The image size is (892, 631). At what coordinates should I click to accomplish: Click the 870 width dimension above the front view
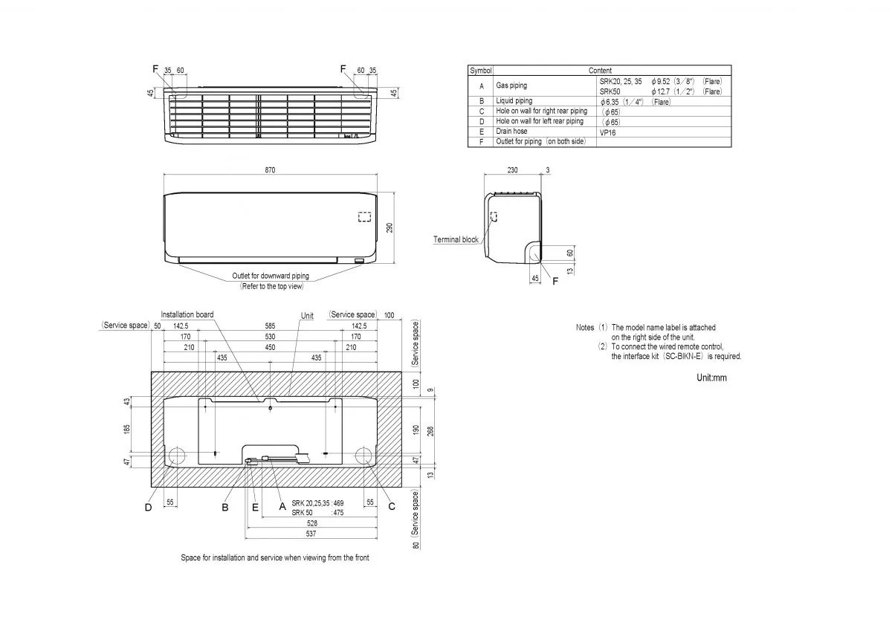click(x=270, y=170)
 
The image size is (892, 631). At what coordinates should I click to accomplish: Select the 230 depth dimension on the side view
click(x=513, y=170)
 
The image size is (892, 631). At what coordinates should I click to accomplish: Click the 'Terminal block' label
click(x=456, y=239)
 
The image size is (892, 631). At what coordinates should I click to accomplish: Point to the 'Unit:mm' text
click(x=711, y=378)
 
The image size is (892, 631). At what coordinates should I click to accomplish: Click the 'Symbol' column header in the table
click(x=481, y=71)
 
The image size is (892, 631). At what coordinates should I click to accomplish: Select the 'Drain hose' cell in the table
click(x=511, y=132)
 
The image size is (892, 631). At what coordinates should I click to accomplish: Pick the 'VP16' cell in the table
click(x=607, y=132)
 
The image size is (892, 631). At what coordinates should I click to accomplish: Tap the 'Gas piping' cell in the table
click(x=511, y=85)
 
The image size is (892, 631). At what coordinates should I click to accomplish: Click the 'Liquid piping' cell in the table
click(x=514, y=101)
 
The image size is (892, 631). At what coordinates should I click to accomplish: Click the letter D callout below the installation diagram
click(x=148, y=508)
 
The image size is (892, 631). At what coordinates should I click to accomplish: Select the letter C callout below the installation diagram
click(x=392, y=507)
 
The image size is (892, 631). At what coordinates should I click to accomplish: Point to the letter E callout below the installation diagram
click(x=255, y=507)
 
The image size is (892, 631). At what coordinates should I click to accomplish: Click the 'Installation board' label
click(x=187, y=314)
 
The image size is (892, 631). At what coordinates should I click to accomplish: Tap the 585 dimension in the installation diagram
click(x=269, y=326)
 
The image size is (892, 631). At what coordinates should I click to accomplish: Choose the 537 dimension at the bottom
click(x=312, y=533)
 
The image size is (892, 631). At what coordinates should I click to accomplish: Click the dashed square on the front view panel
click(x=364, y=217)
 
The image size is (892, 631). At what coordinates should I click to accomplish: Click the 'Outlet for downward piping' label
click(x=271, y=276)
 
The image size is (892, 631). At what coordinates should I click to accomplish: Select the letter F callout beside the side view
click(x=555, y=281)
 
